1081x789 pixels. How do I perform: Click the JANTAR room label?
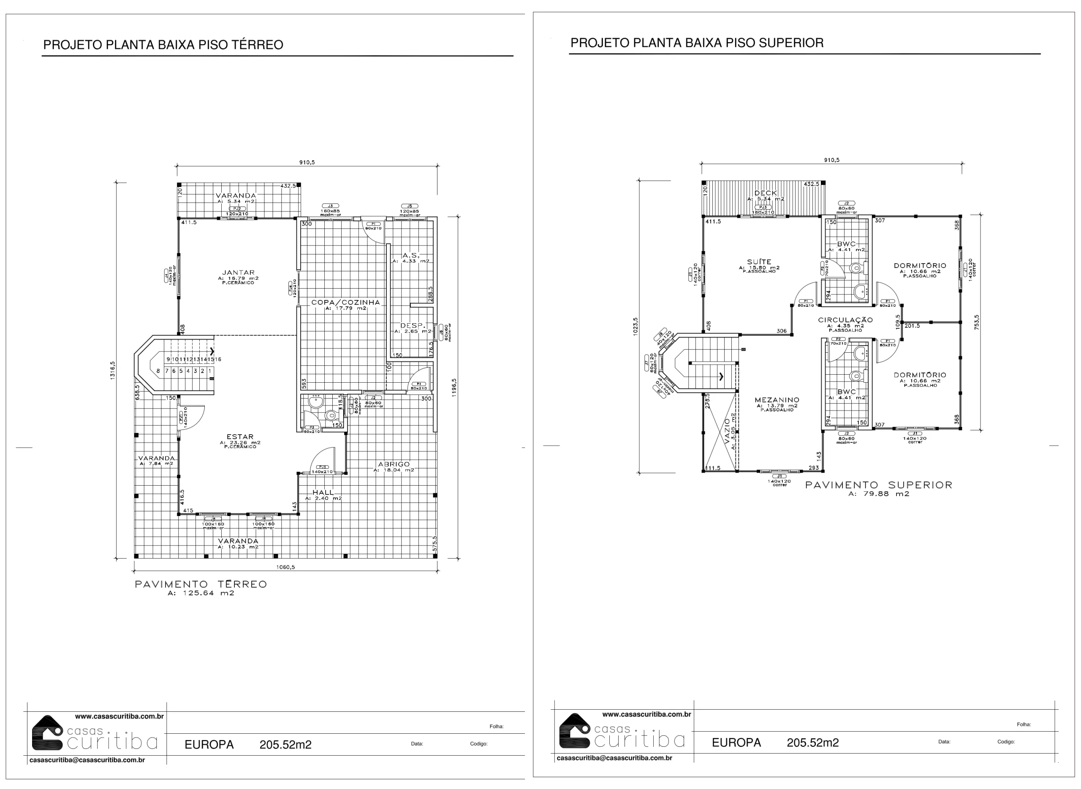[x=238, y=273]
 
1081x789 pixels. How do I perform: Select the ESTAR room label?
[x=240, y=437]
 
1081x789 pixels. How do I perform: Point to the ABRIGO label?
[x=394, y=464]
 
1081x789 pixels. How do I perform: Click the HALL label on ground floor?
[x=323, y=492]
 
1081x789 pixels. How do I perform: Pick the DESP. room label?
[x=413, y=326]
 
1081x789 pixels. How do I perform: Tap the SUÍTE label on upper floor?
[x=759, y=262]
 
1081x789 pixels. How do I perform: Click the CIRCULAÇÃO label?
[x=845, y=320]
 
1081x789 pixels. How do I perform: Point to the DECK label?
[x=766, y=193]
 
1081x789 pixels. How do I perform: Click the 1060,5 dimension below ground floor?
[x=285, y=567]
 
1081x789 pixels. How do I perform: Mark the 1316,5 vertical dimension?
[x=113, y=370]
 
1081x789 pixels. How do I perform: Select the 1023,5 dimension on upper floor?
[x=635, y=327]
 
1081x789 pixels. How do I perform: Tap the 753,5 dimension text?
[x=976, y=322]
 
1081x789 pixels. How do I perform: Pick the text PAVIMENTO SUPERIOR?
[x=878, y=485]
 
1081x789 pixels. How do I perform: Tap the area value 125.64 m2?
[x=201, y=594]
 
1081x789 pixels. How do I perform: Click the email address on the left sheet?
[x=87, y=760]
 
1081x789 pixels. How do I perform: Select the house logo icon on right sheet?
[x=574, y=731]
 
